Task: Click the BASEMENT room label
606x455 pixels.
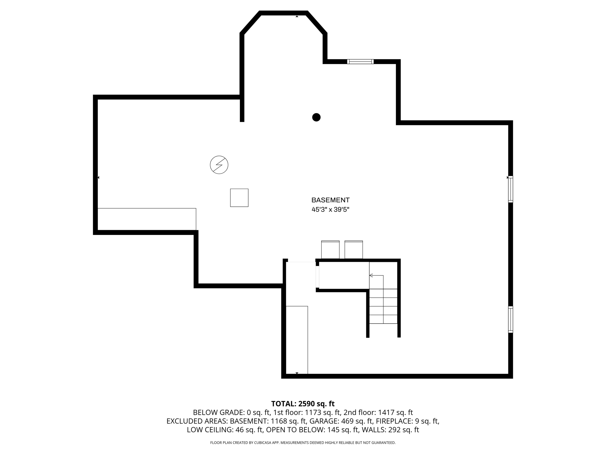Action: pyautogui.click(x=330, y=200)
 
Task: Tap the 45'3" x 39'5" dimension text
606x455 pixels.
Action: pyautogui.click(x=330, y=210)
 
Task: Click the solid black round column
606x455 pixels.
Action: pyautogui.click(x=316, y=117)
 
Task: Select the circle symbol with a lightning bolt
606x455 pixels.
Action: pyautogui.click(x=219, y=165)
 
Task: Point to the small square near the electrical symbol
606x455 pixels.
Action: pyautogui.click(x=239, y=198)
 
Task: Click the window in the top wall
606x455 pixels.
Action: pyautogui.click(x=360, y=62)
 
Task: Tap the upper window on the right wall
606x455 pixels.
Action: pyautogui.click(x=510, y=189)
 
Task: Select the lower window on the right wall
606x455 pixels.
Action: pyautogui.click(x=510, y=319)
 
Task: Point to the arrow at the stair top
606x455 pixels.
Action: pyautogui.click(x=371, y=275)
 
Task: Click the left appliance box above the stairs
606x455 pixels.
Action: pyautogui.click(x=330, y=250)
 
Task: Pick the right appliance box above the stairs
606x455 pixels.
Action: pyautogui.click(x=354, y=250)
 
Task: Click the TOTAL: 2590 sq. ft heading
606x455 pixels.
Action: pyautogui.click(x=303, y=404)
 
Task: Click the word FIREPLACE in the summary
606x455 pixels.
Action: pyautogui.click(x=396, y=421)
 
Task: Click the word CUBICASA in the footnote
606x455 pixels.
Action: pyautogui.click(x=263, y=443)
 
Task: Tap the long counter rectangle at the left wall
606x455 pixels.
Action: pyautogui.click(x=147, y=219)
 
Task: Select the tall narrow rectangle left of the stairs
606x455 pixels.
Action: pyautogui.click(x=297, y=340)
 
